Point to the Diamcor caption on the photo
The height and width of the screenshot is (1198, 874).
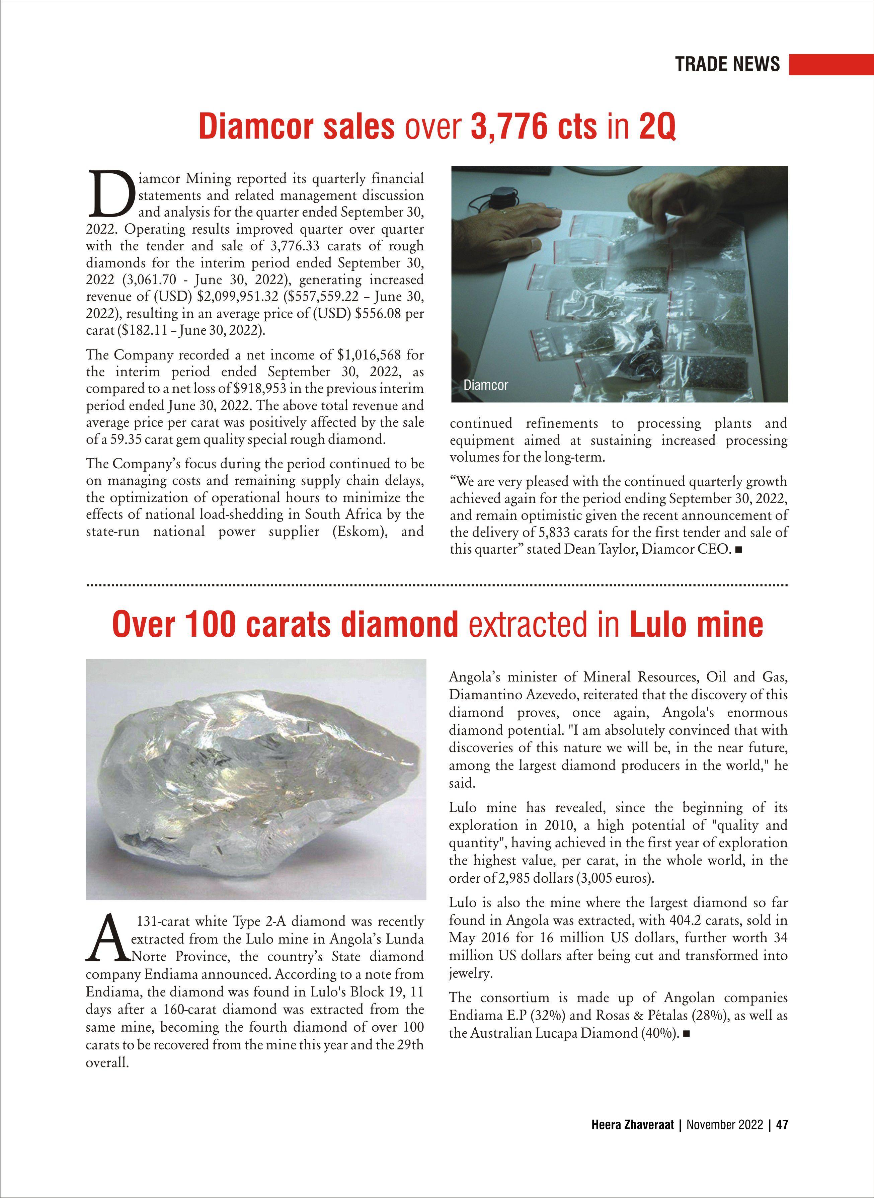[485, 385]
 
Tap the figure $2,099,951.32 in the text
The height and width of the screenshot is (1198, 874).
[238, 297]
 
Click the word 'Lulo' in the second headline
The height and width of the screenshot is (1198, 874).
[659, 624]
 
